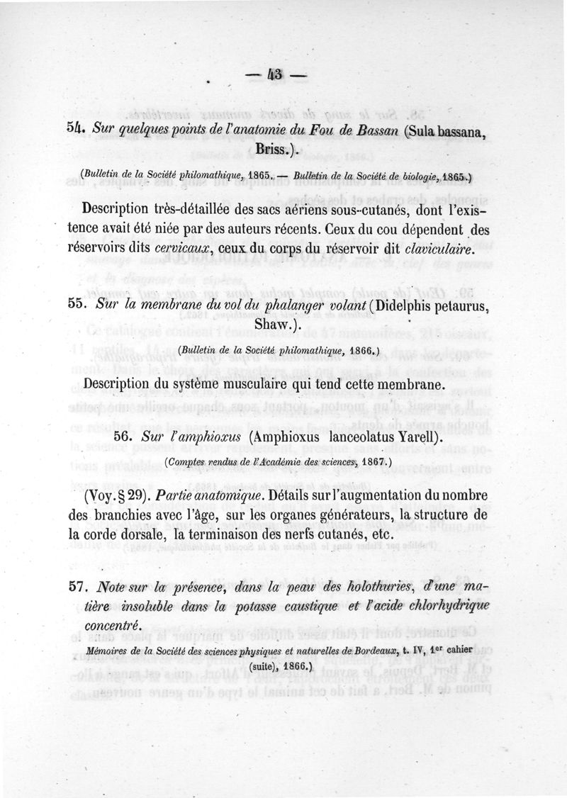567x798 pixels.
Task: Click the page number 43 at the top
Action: click(274, 76)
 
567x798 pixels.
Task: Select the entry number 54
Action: click(75, 128)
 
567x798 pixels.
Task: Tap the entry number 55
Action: click(76, 304)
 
